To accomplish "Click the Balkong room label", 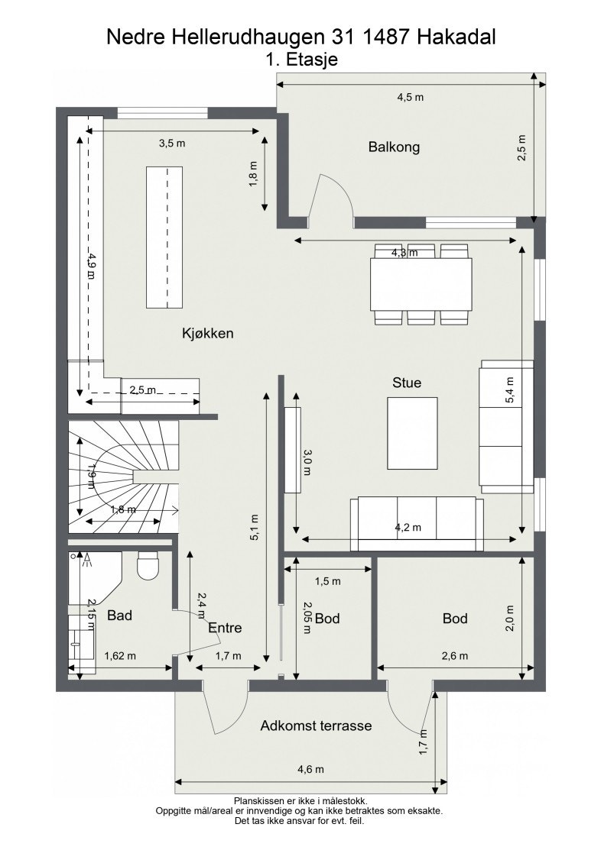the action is tap(394, 147).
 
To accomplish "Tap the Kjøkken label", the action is tap(207, 333).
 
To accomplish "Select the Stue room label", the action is tap(407, 383).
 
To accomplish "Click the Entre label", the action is tap(225, 628).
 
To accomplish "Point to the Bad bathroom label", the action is tap(119, 616).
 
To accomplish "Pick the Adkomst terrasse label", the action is tap(316, 726).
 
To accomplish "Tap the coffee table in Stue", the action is tap(412, 433).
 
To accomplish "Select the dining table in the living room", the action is tap(421, 285).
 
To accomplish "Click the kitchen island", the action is tap(164, 238).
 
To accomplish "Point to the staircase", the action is tap(123, 477).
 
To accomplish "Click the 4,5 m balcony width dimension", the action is tap(410, 98).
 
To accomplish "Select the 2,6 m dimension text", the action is tap(454, 656).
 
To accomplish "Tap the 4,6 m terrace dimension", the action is tap(310, 769).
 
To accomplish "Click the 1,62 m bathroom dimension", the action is tap(120, 656).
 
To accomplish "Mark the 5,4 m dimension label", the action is tap(510, 390).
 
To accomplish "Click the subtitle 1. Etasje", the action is tap(301, 59).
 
